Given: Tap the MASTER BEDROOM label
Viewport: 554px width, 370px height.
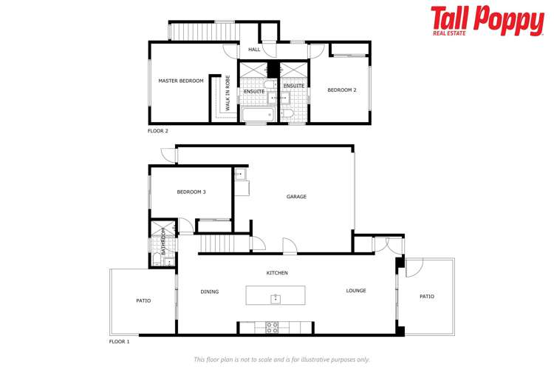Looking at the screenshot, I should click(x=181, y=81).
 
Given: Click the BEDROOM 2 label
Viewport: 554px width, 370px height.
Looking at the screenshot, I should click(x=342, y=90).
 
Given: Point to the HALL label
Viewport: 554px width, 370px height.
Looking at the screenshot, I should click(x=254, y=50).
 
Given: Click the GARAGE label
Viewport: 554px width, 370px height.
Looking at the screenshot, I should click(x=297, y=196).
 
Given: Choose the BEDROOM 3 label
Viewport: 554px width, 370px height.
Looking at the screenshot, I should click(x=191, y=192).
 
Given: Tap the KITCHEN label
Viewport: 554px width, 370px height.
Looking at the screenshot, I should click(x=277, y=273).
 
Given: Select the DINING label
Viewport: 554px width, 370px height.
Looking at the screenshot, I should click(x=210, y=292).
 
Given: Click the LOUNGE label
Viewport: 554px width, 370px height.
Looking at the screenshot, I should click(x=356, y=291).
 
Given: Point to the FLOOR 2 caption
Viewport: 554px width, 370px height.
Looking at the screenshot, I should click(x=158, y=131).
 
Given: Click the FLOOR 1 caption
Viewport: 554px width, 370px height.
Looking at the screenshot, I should click(x=119, y=342).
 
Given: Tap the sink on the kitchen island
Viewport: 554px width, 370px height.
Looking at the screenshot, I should click(x=276, y=298).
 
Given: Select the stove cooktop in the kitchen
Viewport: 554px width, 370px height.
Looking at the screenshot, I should click(x=272, y=326).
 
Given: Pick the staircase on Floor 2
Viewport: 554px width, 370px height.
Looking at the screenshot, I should click(x=202, y=32).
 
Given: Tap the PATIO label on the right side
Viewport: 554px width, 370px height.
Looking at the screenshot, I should click(x=427, y=297).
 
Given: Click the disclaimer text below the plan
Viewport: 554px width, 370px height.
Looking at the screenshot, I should click(x=281, y=360).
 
